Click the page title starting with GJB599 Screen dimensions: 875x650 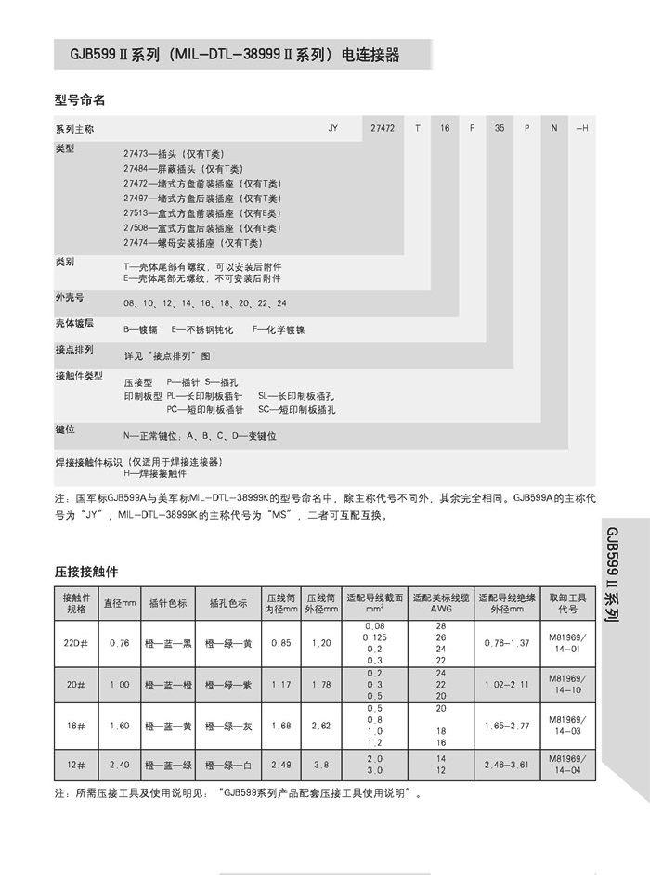click(x=227, y=55)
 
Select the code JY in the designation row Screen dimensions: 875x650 click(x=333, y=127)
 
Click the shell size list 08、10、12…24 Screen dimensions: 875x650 click(x=205, y=303)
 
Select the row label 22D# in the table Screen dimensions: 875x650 click(x=75, y=643)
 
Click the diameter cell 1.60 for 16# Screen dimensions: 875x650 click(x=119, y=727)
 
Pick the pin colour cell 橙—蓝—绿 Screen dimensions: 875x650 click(x=169, y=765)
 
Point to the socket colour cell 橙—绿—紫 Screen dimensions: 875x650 click(x=227, y=685)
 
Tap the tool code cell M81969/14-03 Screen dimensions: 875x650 click(x=567, y=727)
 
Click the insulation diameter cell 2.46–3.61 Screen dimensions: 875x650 click(x=507, y=765)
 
